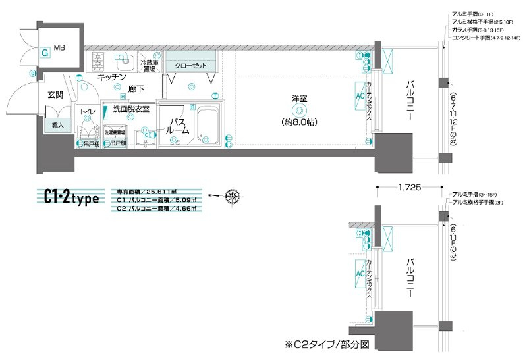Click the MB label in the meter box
(60, 47)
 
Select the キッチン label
(111, 77)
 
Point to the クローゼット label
(190, 66)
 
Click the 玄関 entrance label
(55, 95)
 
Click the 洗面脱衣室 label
(131, 109)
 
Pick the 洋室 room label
(299, 99)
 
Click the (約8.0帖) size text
(300, 122)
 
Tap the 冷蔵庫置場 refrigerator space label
(148, 65)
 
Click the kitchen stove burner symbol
(98, 61)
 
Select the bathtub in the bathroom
(208, 122)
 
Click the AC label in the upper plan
(360, 95)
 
